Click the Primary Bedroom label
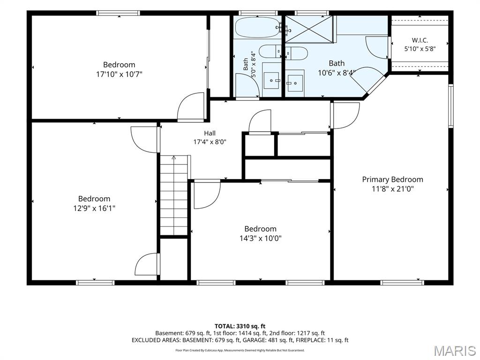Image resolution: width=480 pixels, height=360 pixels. click(x=392, y=180)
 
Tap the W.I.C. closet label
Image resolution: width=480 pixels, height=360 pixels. click(x=420, y=40)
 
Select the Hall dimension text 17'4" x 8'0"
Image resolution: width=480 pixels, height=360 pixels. click(x=210, y=142)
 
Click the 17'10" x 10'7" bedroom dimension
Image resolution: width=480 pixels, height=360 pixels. click(x=119, y=74)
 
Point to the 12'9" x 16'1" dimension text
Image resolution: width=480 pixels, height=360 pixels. click(x=94, y=208)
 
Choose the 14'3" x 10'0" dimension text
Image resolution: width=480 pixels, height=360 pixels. click(x=261, y=238)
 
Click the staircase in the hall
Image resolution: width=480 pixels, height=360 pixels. click(x=174, y=195)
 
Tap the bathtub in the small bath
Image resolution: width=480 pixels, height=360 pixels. click(x=257, y=27)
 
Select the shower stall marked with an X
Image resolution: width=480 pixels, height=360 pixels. click(x=309, y=29)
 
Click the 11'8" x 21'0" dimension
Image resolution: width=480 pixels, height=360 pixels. click(x=392, y=189)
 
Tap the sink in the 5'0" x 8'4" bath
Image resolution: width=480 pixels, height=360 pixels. click(x=271, y=81)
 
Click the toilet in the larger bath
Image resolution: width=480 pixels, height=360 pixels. click(x=296, y=53)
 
